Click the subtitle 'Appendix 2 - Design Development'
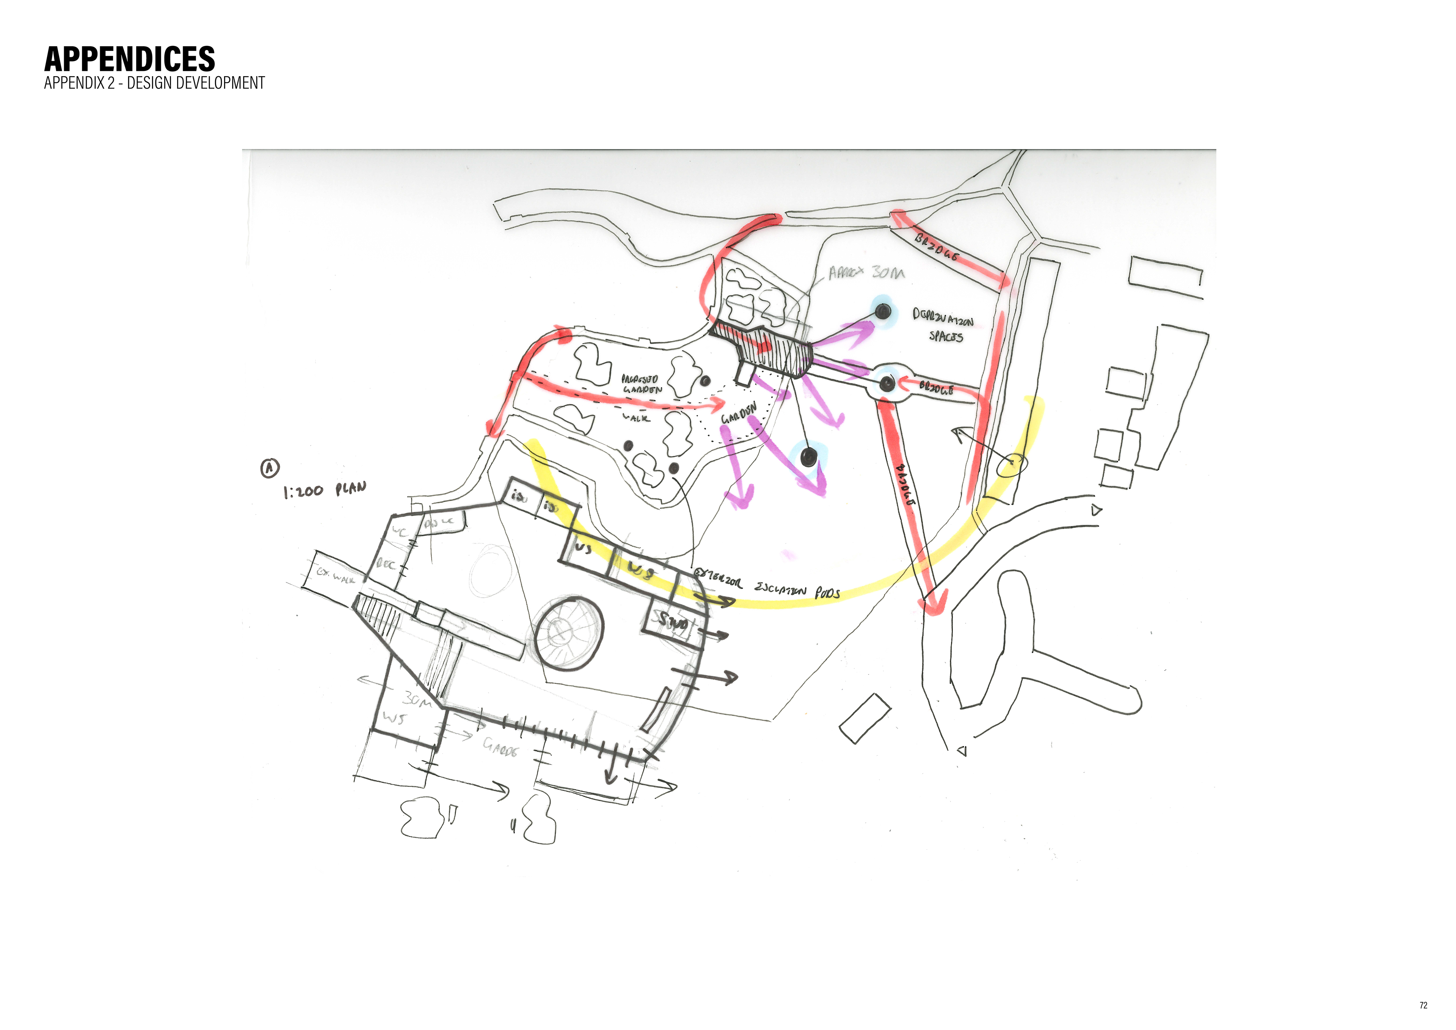[x=154, y=83]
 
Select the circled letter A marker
[x=270, y=468]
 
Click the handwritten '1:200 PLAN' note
[x=324, y=490]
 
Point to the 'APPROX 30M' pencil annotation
[x=866, y=273]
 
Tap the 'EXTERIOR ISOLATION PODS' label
[x=767, y=587]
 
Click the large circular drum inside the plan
[x=568, y=633]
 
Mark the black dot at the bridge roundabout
[x=886, y=383]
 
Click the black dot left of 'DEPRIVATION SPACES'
[x=882, y=311]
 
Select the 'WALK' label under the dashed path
[x=635, y=418]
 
